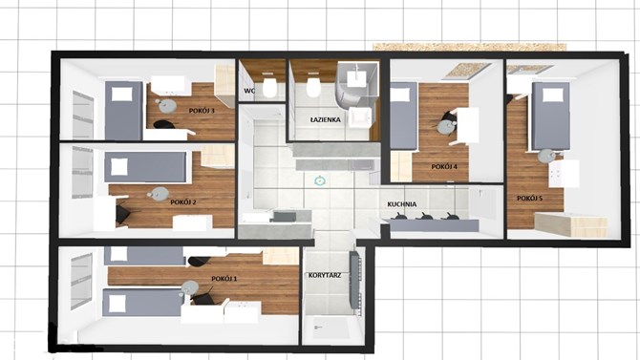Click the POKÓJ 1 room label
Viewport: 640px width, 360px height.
click(x=224, y=279)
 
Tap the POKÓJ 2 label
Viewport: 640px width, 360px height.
click(x=183, y=202)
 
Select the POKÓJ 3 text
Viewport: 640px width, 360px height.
click(x=202, y=111)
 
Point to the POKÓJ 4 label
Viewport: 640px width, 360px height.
click(x=444, y=166)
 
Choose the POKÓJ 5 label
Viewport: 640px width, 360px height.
click(x=529, y=199)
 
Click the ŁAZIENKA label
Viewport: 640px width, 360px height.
click(x=325, y=119)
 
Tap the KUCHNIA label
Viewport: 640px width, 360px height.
click(x=402, y=204)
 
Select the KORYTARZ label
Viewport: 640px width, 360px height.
click(x=325, y=276)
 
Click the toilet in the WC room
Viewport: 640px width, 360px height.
click(x=269, y=87)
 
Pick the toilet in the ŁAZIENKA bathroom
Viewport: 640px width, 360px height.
click(x=313, y=86)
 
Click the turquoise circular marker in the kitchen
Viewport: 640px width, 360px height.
click(x=320, y=180)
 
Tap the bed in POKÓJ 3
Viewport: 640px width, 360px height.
click(x=123, y=110)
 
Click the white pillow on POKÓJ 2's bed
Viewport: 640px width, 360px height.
click(x=118, y=167)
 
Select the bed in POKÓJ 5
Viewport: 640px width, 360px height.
click(x=550, y=116)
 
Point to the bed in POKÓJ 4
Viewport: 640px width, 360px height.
click(x=404, y=115)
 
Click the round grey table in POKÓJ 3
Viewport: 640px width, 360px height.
click(x=167, y=106)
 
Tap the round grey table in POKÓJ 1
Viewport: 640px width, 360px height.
click(x=189, y=286)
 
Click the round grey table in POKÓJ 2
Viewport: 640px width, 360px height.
click(x=160, y=193)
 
